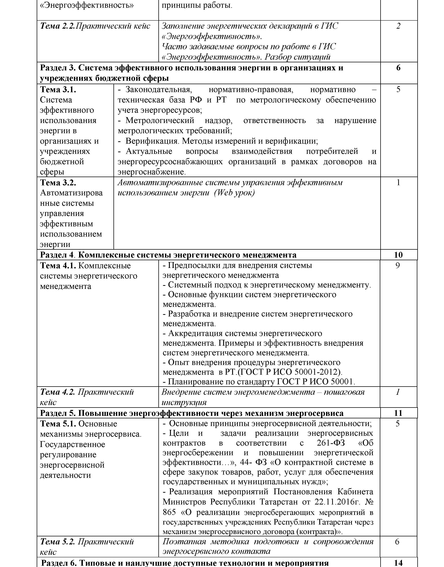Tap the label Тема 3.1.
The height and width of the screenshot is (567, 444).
(58, 90)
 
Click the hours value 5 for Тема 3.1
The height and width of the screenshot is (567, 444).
(398, 90)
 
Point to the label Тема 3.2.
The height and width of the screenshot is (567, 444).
(58, 183)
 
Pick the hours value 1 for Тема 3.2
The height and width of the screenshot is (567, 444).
(398, 183)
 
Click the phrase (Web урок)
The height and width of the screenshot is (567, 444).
(234, 193)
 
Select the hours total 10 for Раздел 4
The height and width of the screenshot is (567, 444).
(398, 255)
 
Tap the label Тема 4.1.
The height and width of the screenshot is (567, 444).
(58, 266)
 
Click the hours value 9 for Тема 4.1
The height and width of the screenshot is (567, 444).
(397, 266)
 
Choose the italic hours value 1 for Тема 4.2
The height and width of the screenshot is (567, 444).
(397, 392)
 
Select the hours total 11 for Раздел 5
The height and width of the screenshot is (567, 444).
(398, 413)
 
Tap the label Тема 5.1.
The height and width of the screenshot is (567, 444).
(58, 424)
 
